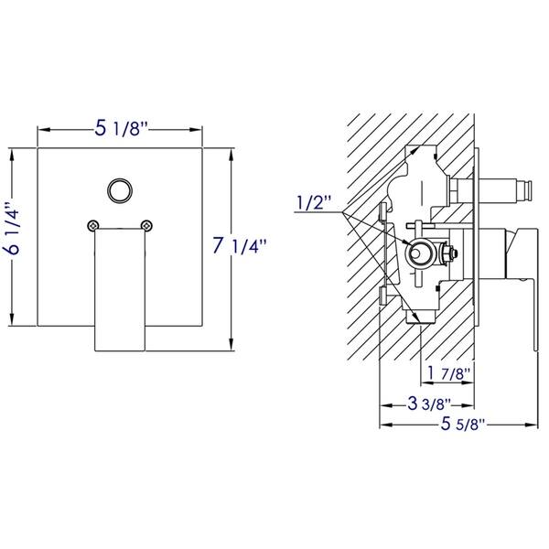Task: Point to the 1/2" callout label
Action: pyautogui.click(x=313, y=203)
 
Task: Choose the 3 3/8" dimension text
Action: pyautogui.click(x=425, y=401)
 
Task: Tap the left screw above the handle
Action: pyautogui.click(x=92, y=223)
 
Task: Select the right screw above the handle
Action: pyautogui.click(x=147, y=223)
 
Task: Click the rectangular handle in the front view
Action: pyautogui.click(x=120, y=288)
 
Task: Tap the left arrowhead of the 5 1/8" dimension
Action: pyautogui.click(x=42, y=129)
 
